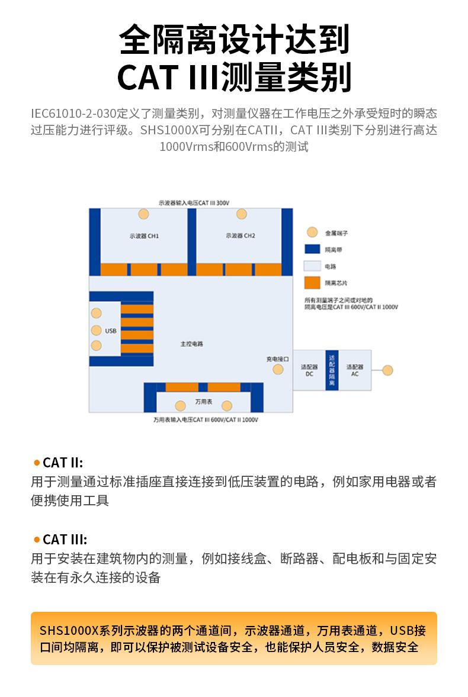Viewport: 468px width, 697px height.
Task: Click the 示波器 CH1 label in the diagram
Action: [x=144, y=235]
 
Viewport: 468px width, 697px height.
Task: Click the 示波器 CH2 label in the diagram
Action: [x=241, y=235]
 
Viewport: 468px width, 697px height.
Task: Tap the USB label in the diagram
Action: [x=111, y=331]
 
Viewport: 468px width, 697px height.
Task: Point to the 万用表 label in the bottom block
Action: [x=203, y=402]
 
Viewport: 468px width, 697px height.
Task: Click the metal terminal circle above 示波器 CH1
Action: [x=143, y=214]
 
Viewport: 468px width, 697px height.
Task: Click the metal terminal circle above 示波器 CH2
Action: [x=241, y=214]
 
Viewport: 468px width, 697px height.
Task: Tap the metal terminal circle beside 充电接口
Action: [x=278, y=370]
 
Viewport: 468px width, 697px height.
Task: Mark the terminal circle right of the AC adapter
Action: [x=387, y=370]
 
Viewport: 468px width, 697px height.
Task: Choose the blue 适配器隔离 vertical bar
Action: [x=332, y=370]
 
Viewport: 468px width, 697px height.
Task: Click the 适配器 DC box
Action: [x=309, y=370]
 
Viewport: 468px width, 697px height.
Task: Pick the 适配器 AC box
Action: [x=355, y=370]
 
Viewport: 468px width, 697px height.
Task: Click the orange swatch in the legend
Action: [x=312, y=282]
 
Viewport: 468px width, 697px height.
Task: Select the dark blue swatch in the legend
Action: [x=312, y=250]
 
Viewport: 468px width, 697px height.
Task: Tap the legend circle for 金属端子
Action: [x=312, y=233]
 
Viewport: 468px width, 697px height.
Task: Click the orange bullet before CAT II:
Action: [x=37, y=463]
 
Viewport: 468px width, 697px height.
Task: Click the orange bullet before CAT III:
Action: [x=37, y=540]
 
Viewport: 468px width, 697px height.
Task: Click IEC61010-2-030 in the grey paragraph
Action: [x=76, y=113]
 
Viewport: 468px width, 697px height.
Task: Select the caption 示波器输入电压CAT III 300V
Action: [x=194, y=202]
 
